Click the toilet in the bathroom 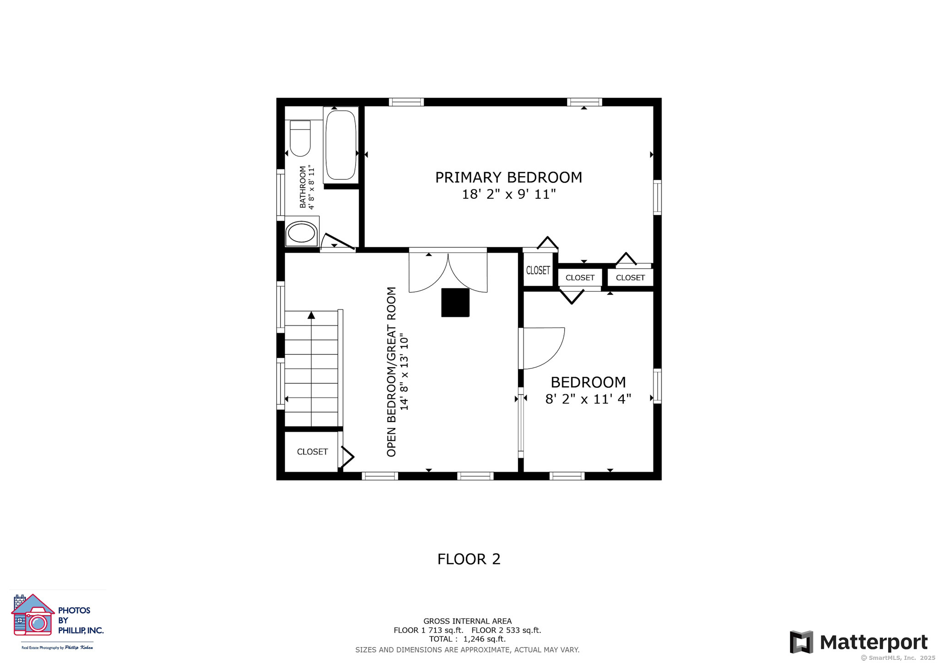point(300,138)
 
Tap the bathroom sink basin point(301,234)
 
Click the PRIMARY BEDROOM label point(508,177)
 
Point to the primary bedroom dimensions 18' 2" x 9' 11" point(508,194)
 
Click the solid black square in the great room point(455,302)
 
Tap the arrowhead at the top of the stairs point(311,315)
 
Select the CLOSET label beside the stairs point(312,452)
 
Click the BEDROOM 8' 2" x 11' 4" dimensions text point(588,399)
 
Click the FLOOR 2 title point(469,559)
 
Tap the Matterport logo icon point(801,642)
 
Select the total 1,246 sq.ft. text point(467,639)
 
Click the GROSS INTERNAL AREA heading point(467,621)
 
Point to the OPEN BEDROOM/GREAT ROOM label point(391,372)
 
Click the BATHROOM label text point(303,187)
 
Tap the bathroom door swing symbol point(338,242)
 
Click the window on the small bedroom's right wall point(657,386)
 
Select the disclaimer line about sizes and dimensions point(467,650)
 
